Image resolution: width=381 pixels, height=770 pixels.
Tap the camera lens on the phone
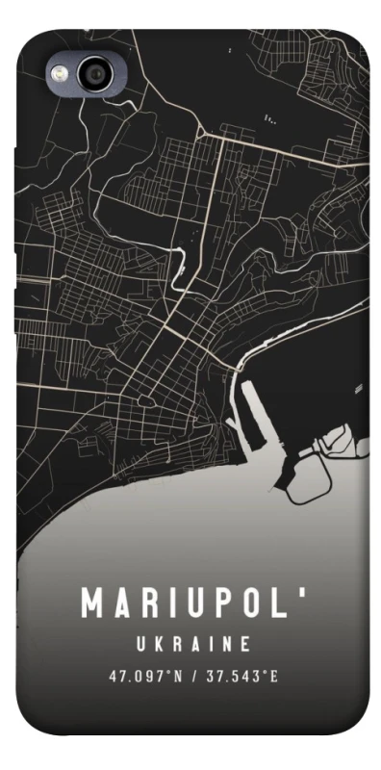point(97,73)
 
